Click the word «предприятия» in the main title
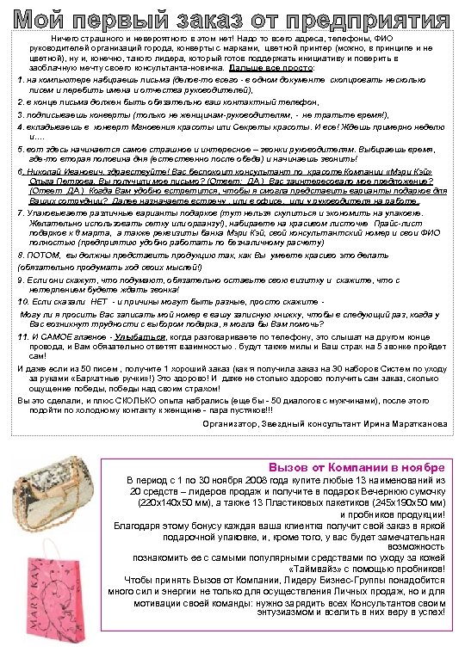tap(380, 17)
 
